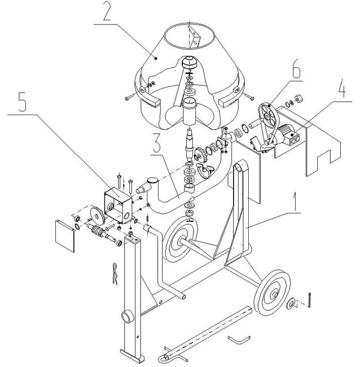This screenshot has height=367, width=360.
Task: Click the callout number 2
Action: (x=107, y=11)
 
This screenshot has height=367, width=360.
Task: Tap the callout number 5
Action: (x=23, y=102)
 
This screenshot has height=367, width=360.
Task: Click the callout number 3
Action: (x=156, y=142)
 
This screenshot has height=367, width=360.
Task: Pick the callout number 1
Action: (x=295, y=202)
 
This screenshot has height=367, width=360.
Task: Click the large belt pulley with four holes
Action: (x=267, y=115)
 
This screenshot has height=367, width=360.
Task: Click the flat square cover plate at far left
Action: (x=65, y=235)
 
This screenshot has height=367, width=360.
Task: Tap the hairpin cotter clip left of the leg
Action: (x=115, y=274)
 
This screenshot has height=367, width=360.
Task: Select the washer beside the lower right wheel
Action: (x=291, y=304)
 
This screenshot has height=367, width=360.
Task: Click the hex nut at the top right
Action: (x=299, y=98)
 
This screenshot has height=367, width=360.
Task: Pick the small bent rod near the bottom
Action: (x=239, y=339)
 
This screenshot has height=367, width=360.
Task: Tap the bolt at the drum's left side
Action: (x=130, y=97)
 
